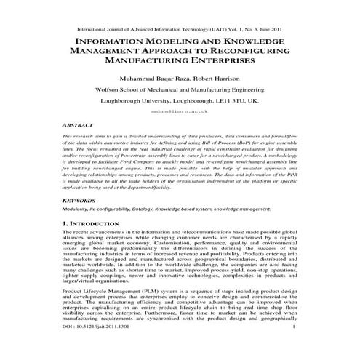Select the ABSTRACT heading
click(x=78, y=124)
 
